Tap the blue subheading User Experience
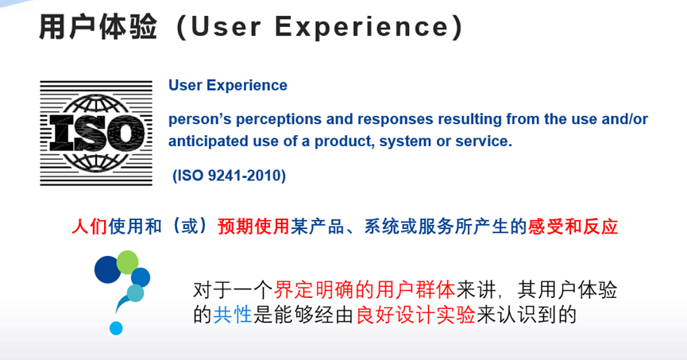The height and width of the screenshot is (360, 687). pos(227,85)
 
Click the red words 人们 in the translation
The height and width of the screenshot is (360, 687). pos(87,226)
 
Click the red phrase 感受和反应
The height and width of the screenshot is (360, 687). pos(573,226)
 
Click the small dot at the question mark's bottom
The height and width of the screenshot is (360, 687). pos(116,327)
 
